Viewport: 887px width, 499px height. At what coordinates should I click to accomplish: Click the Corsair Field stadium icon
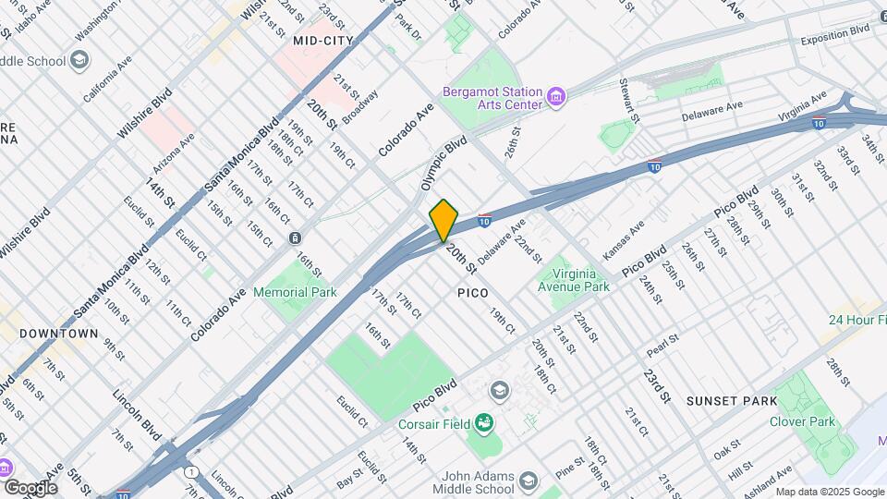click(483, 424)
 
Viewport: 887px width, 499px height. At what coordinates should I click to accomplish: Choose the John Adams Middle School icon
click(528, 481)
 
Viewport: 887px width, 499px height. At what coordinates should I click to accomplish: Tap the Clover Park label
click(802, 422)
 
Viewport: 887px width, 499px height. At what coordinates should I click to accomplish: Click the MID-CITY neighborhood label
click(322, 42)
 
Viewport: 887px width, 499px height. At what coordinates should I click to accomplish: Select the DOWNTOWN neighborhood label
click(59, 333)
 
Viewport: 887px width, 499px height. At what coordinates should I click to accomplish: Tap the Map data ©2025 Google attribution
click(829, 492)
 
